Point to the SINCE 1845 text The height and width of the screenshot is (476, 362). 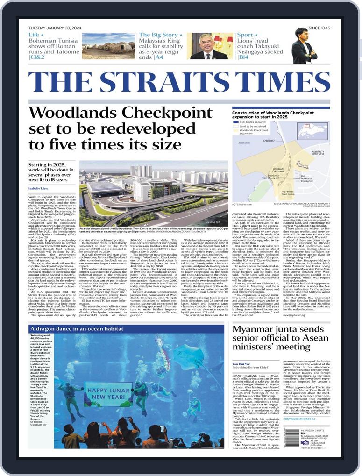pyautogui.click(x=319, y=28)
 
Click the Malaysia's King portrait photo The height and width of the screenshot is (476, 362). pyautogui.click(x=209, y=46)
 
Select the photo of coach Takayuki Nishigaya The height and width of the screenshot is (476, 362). pyautogui.click(x=304, y=46)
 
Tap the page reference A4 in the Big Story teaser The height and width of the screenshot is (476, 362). pyautogui.click(x=160, y=57)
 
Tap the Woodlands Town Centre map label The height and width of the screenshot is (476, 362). pyautogui.click(x=288, y=193)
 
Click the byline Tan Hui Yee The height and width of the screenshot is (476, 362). pyautogui.click(x=241, y=363)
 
